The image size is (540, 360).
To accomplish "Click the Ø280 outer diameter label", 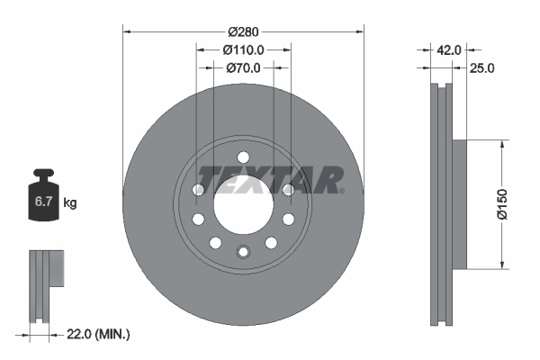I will (242, 32).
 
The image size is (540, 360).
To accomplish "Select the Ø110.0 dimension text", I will (243, 49).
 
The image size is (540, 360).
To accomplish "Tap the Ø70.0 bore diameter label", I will (242, 67).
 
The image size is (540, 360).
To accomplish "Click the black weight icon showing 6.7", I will (44, 198).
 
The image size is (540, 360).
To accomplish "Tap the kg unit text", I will (69, 204).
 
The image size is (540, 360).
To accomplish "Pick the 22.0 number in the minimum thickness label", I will (79, 335).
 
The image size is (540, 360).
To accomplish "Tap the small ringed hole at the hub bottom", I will (242, 251).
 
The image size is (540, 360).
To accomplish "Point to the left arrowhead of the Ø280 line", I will (127, 32).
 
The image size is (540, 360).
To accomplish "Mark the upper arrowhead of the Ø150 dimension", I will (500, 145).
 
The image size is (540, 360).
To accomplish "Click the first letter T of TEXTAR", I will (206, 180).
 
